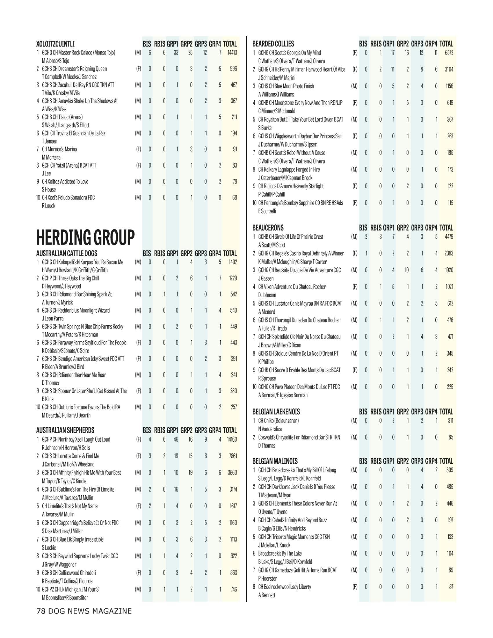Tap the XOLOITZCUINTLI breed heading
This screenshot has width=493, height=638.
pos(55,44)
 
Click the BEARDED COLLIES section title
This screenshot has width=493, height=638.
pos(273,44)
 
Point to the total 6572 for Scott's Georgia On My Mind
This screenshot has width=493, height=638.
pos(449,53)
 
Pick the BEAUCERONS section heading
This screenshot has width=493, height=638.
pos(268,228)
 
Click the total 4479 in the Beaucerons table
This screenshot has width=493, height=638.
pos(449,237)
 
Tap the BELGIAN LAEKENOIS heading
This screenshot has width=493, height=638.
pos(276,412)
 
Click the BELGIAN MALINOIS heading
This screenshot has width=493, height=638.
pos(275,461)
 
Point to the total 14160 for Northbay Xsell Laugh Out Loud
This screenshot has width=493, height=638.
pos(232,439)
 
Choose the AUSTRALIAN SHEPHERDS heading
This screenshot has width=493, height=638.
pos(65,430)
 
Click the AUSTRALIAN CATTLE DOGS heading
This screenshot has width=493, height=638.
pos(67,253)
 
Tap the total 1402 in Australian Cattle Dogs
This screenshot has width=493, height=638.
pos(233,262)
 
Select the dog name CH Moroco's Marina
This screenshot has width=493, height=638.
pos(59,149)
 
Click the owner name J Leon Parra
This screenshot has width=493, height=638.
pos(52,318)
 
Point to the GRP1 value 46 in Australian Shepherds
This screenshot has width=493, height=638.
pos(176,439)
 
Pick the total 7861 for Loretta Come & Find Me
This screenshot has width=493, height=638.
pos(233,456)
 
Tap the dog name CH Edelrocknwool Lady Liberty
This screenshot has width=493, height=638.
pos(284,587)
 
